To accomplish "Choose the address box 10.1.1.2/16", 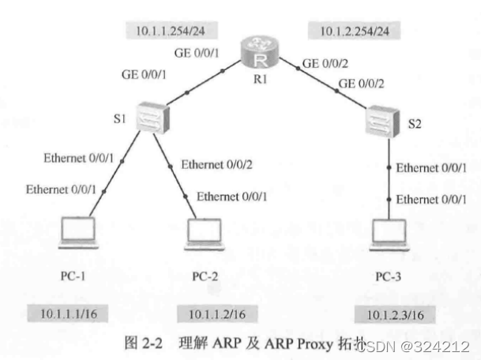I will point(217,313).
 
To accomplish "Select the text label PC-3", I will point(390,276).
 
